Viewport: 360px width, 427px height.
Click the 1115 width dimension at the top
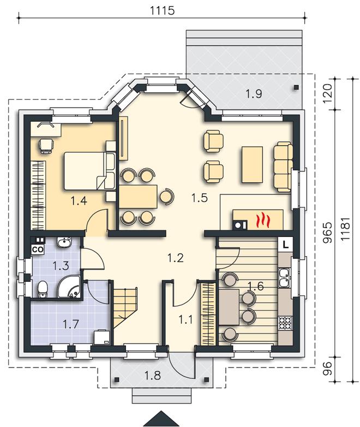point(162,10)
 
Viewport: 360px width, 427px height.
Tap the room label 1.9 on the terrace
point(254,94)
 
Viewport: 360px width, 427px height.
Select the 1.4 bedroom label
point(79,201)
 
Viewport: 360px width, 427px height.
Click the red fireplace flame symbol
point(263,221)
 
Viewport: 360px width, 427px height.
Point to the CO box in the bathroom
point(38,250)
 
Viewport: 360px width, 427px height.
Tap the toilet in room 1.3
point(43,289)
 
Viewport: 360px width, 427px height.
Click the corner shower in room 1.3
point(70,287)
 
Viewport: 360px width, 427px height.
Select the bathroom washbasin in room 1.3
point(64,242)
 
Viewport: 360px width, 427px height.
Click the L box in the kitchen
point(285,244)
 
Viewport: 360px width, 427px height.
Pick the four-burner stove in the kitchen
point(285,323)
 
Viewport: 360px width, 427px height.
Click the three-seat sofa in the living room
point(284,167)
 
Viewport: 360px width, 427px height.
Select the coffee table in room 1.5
point(252,164)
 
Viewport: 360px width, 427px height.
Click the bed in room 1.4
point(89,171)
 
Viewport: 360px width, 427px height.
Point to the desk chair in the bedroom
point(46,146)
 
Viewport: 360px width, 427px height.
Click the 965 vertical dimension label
point(328,233)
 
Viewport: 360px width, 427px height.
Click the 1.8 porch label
point(152,376)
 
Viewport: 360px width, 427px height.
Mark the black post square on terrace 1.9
point(296,87)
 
